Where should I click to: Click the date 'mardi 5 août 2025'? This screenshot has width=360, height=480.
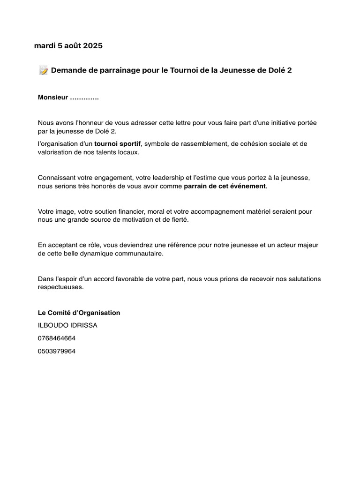[68, 46]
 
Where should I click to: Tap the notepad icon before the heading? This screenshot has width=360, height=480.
[44, 71]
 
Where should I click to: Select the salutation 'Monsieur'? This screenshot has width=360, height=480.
[52, 98]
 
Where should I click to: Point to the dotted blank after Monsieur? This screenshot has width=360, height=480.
[84, 98]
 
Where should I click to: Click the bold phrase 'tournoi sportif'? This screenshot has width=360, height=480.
[118, 143]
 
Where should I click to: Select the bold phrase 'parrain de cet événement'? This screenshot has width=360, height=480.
[225, 186]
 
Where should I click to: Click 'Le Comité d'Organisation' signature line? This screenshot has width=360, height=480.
[79, 313]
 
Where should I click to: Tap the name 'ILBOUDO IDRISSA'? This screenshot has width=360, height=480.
[67, 325]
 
